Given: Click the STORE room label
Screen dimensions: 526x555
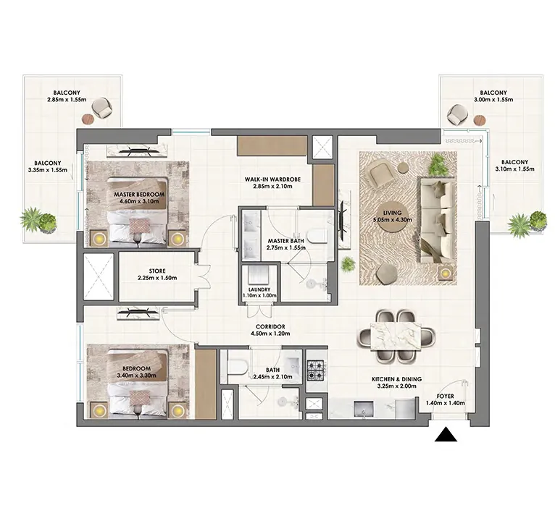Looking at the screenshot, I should click(x=157, y=271).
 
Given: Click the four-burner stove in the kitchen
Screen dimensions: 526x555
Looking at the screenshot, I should click(x=316, y=370).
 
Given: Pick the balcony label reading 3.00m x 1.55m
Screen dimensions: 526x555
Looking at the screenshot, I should click(x=494, y=98).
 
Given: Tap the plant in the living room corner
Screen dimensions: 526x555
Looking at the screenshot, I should click(x=438, y=165).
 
